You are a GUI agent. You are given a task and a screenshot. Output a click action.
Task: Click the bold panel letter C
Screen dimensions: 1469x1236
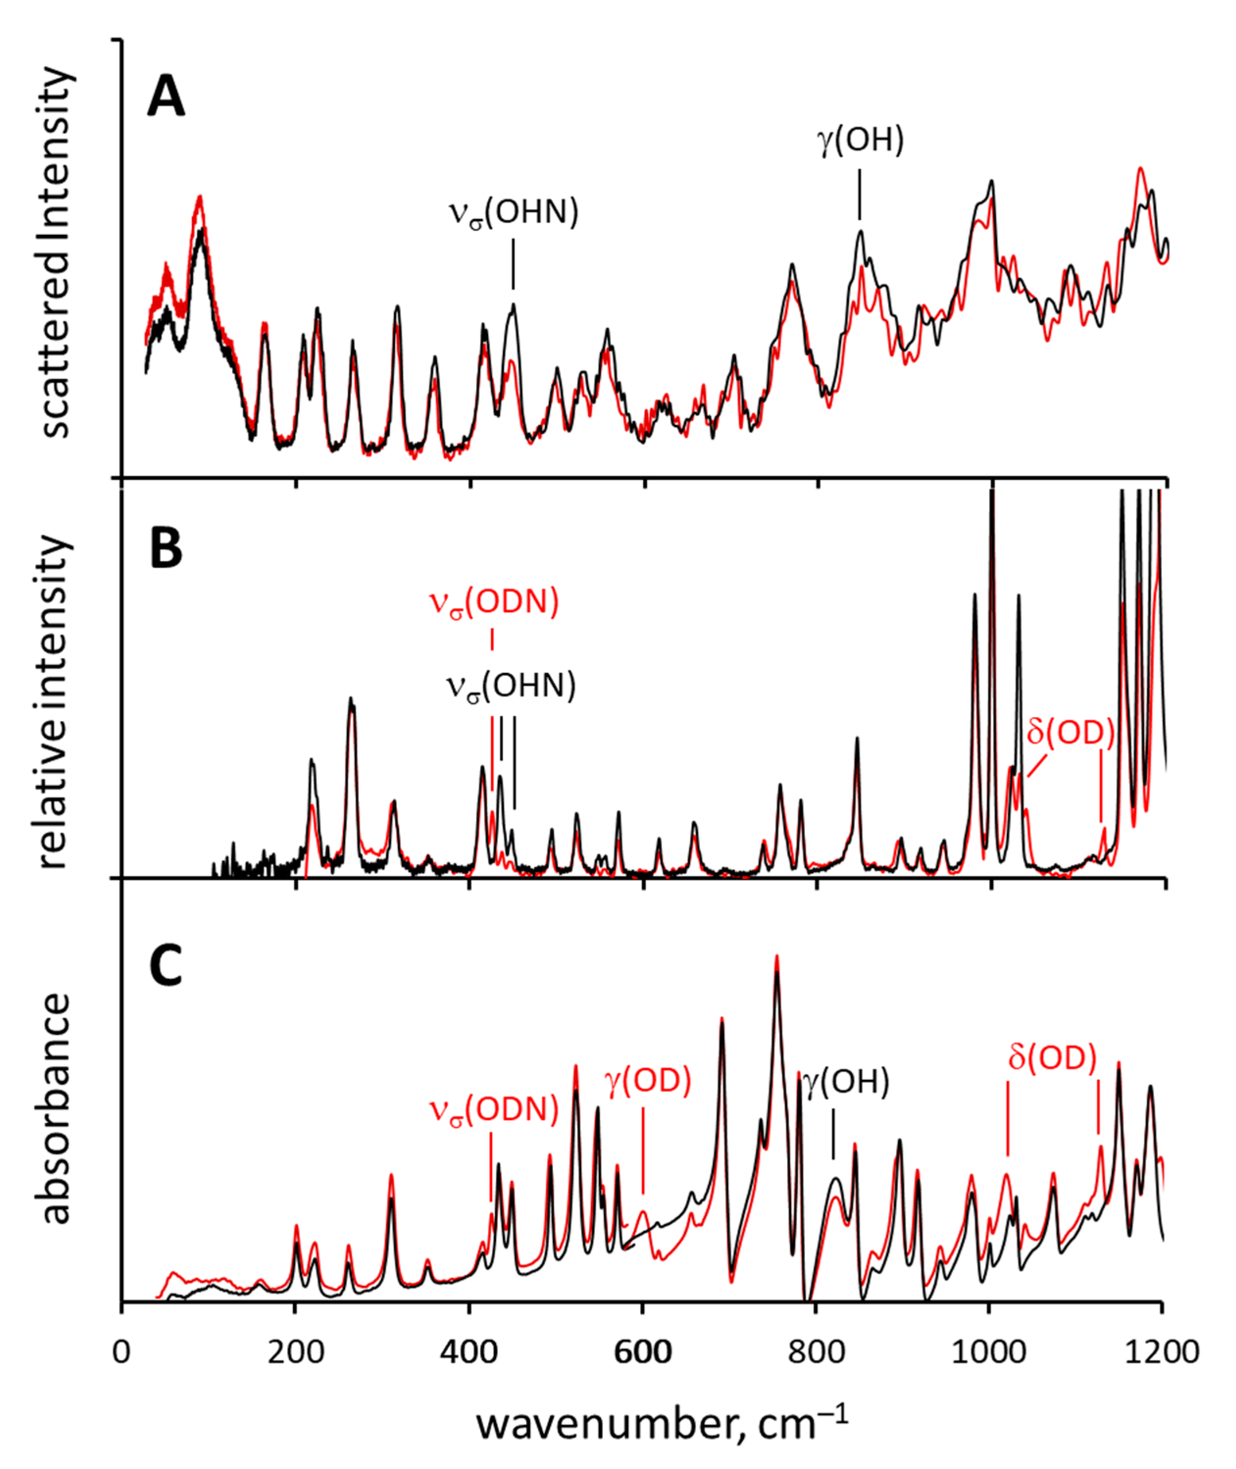pos(166,966)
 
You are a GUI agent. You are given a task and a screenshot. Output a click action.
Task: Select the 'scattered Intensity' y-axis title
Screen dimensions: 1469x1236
pos(56,252)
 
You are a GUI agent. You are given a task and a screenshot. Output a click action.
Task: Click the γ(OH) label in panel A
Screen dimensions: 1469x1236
pos(861,140)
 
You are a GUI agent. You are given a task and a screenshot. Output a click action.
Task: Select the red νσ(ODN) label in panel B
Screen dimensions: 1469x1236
pos(494,603)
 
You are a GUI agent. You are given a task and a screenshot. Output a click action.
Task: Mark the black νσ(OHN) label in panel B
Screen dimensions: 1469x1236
pos(512,686)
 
